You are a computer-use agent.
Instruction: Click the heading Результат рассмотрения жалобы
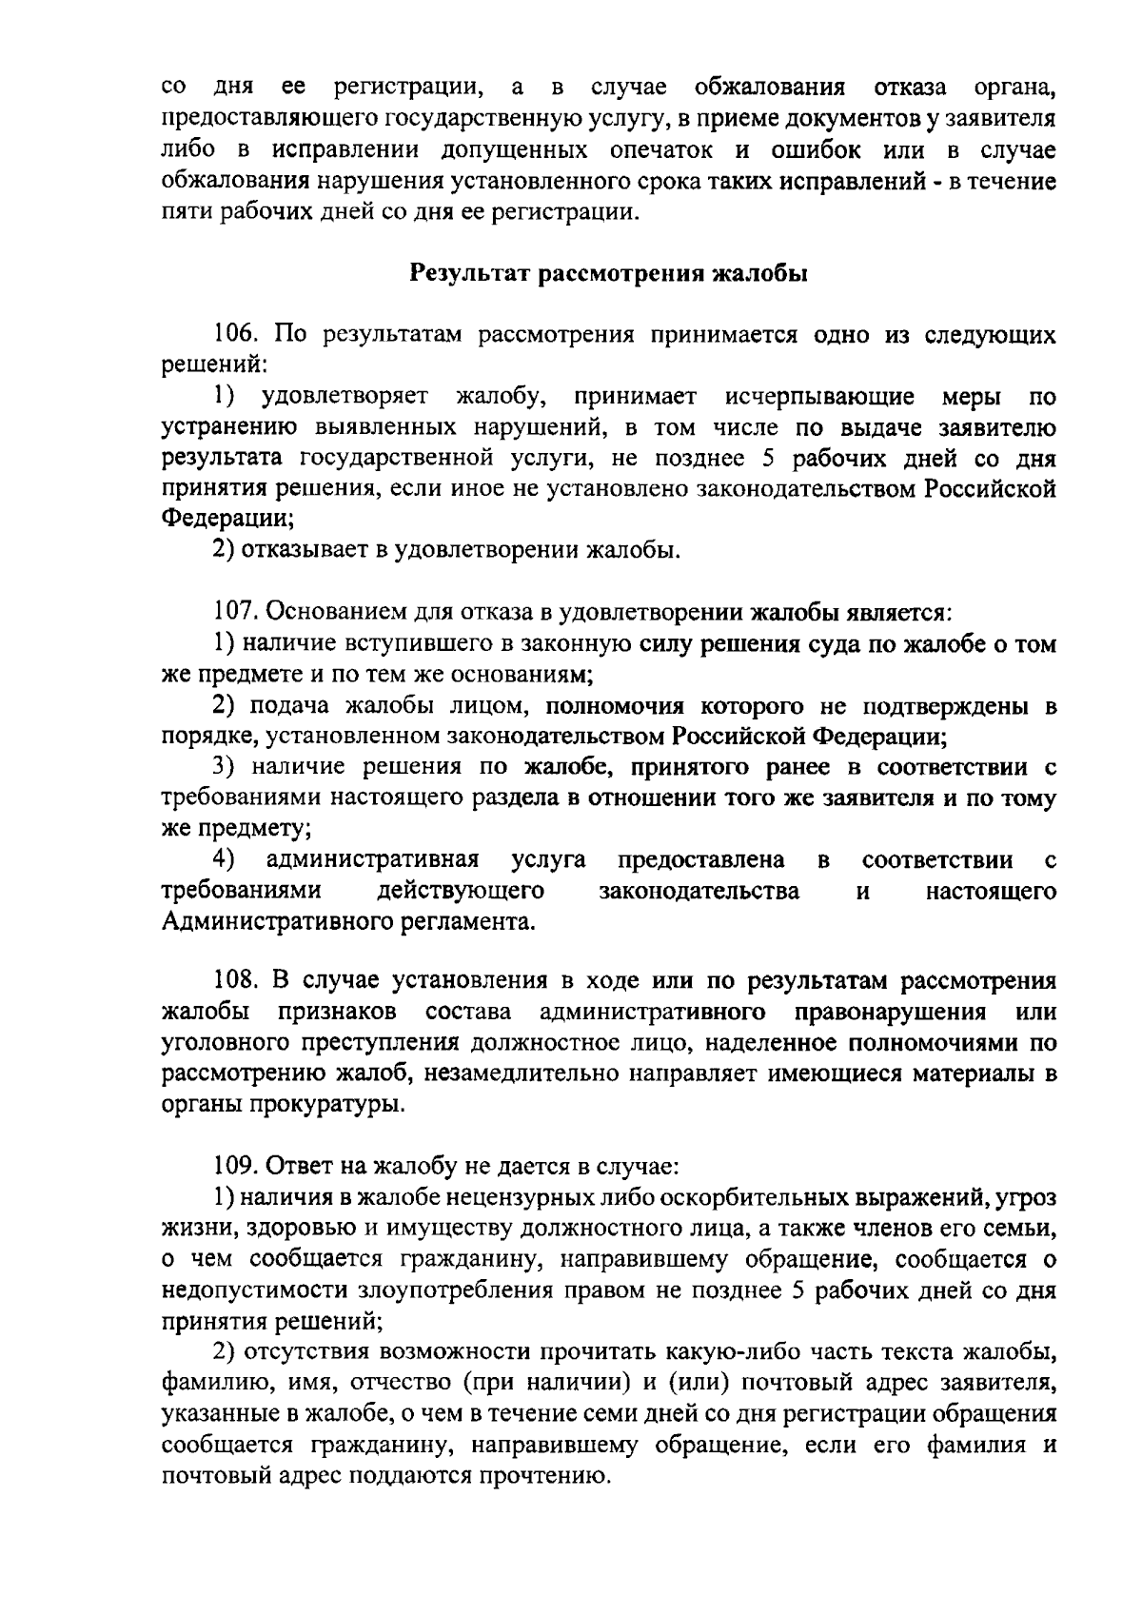pyautogui.click(x=609, y=274)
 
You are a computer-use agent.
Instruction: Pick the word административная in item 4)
pyautogui.click(x=372, y=861)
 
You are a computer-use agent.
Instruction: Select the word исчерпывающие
pyautogui.click(x=818, y=397)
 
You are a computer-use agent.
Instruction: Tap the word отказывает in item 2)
pyautogui.click(x=305, y=551)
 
